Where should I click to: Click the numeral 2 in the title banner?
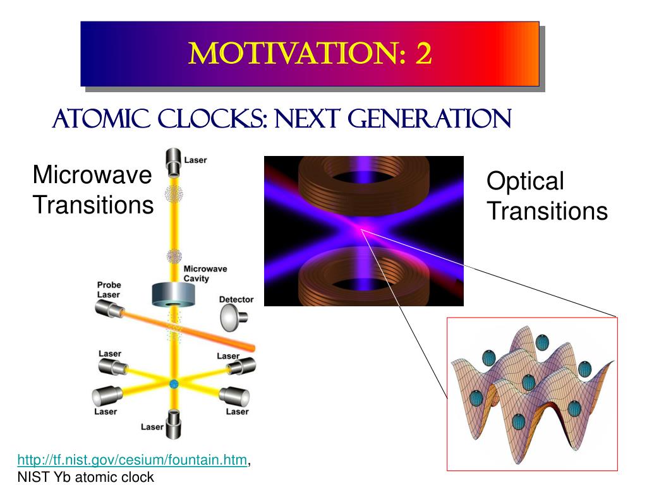click(423, 54)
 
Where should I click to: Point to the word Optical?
click(524, 182)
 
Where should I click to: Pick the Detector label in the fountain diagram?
click(236, 299)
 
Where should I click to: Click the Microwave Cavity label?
click(205, 273)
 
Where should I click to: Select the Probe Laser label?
click(109, 289)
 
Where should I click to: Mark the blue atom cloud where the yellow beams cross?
click(174, 383)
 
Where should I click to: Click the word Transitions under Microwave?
click(93, 205)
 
